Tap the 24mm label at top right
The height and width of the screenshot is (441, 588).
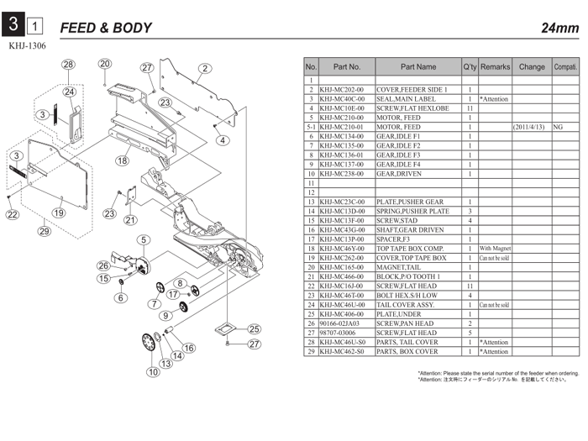pyautogui.click(x=559, y=29)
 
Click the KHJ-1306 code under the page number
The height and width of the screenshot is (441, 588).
pyautogui.click(x=26, y=47)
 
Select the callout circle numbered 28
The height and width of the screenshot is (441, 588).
pyautogui.click(x=68, y=65)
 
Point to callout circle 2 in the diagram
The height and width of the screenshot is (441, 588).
pyautogui.click(x=204, y=68)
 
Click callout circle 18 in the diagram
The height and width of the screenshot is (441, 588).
pyautogui.click(x=123, y=160)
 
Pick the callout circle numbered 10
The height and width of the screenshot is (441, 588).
pyautogui.click(x=152, y=371)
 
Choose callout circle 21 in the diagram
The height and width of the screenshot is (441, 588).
pyautogui.click(x=129, y=220)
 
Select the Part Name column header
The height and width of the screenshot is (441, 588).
pyautogui.click(x=418, y=66)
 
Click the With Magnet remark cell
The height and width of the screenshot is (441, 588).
pyautogui.click(x=495, y=248)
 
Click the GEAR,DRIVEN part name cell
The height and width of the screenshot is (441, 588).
pyautogui.click(x=401, y=173)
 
